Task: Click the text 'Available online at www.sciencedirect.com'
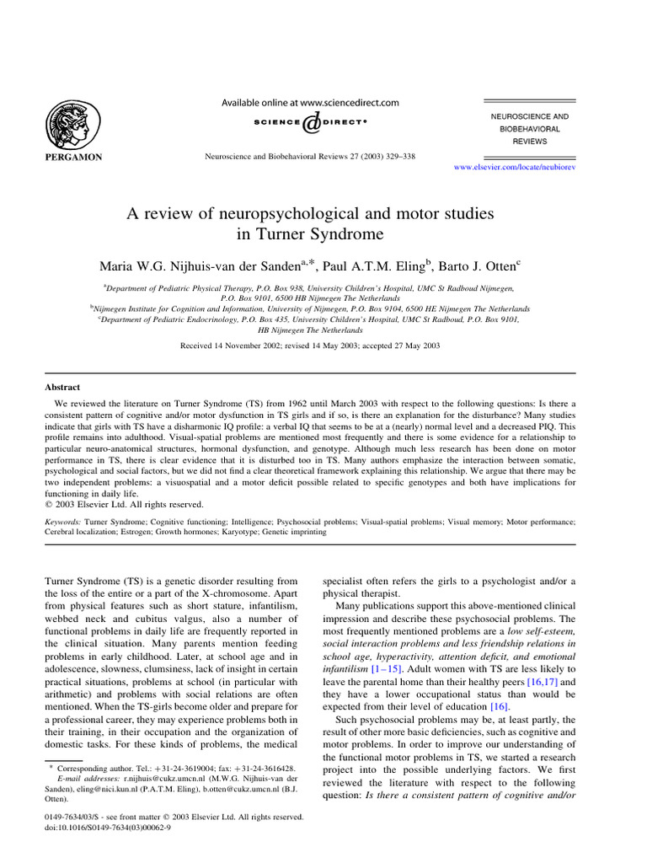[310, 103]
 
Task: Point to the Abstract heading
[62, 388]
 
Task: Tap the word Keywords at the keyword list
[64, 523]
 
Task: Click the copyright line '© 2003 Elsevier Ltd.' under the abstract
[124, 505]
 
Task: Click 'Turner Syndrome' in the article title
[311, 235]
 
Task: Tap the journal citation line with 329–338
[310, 156]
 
